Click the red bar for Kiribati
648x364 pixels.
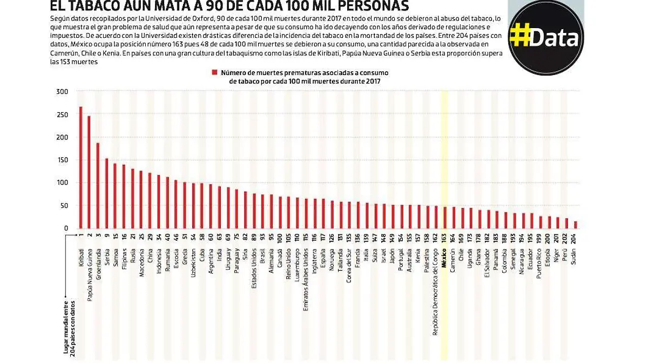coord(80,167)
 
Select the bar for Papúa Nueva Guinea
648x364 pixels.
coord(89,173)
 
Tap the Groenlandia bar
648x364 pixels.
coord(98,186)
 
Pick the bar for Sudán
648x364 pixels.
coord(575,225)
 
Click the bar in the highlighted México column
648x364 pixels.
coord(444,218)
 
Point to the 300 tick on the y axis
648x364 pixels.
coord(62,92)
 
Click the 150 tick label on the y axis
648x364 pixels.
coord(62,160)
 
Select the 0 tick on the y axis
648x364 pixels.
coord(65,228)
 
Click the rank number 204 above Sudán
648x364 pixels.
coord(575,237)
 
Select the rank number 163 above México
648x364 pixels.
coord(444,237)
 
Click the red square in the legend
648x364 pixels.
coord(214,72)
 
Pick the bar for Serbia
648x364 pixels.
coord(106,194)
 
